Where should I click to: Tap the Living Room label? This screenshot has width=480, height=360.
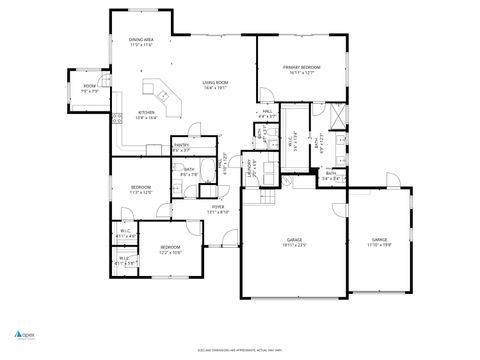[x=216, y=85]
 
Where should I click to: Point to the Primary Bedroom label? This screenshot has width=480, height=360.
[x=301, y=69]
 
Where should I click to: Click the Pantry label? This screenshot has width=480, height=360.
[x=181, y=148]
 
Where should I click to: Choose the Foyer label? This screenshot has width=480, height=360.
[x=218, y=209]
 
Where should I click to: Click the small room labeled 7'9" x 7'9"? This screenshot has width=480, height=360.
[x=89, y=88]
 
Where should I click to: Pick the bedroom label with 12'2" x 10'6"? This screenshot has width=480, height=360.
[x=169, y=249]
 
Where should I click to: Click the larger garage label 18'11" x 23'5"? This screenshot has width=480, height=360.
[x=295, y=243]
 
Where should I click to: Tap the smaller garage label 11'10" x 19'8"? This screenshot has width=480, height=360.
[x=379, y=242]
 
